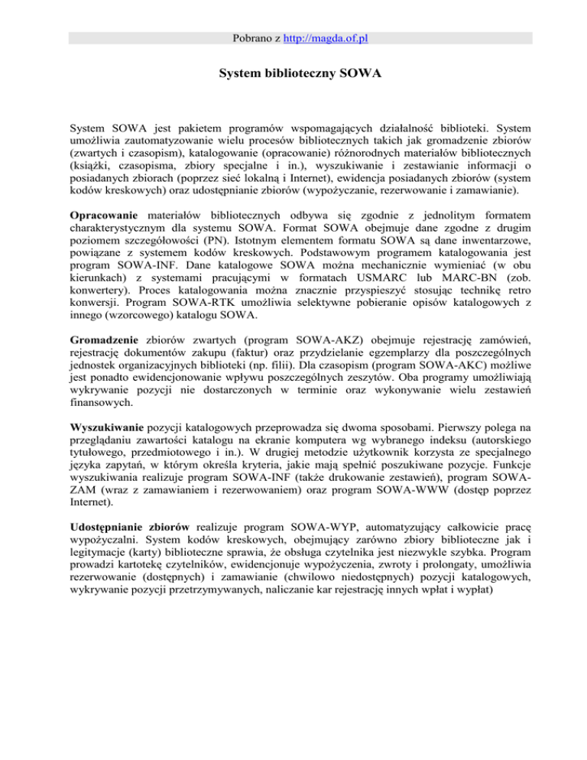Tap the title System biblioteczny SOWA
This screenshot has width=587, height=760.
(293, 76)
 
